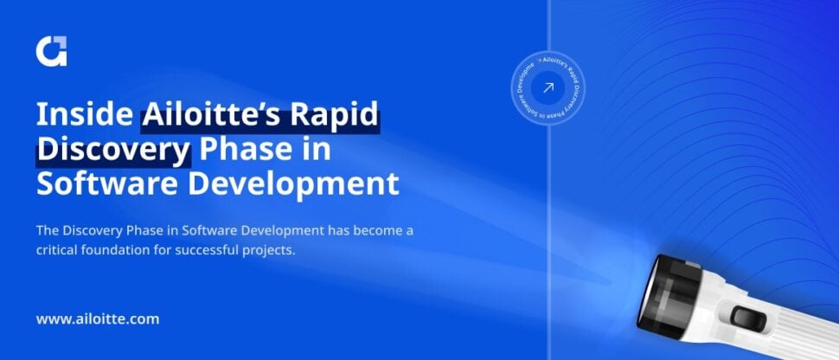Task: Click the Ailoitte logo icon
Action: (x=51, y=51)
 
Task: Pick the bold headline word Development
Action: (x=303, y=184)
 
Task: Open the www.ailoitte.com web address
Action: (x=98, y=319)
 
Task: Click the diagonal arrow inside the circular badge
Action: (x=547, y=87)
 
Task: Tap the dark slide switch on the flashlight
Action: (x=746, y=317)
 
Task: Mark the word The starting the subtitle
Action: (x=47, y=230)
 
